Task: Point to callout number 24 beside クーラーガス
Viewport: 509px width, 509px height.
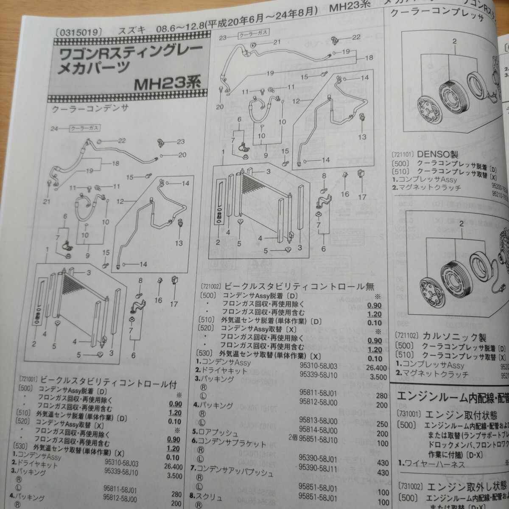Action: (x=53, y=128)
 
